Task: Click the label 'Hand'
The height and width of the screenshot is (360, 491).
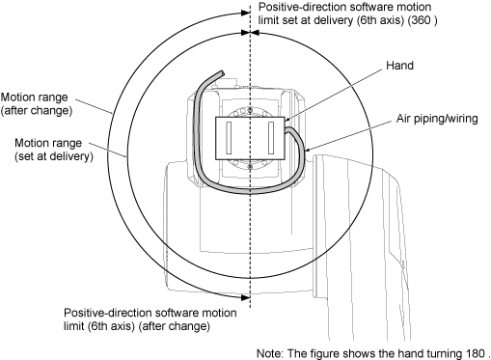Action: [x=399, y=66]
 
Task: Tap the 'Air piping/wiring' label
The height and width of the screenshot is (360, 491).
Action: [x=437, y=119]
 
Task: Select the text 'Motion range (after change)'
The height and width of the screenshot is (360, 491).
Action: [x=37, y=103]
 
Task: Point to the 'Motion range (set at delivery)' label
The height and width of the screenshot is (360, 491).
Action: [x=54, y=150]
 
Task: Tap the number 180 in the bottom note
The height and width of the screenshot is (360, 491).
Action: [x=475, y=353]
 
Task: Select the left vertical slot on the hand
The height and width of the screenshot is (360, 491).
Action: [x=229, y=138]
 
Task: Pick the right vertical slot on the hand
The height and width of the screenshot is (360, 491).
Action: [x=271, y=138]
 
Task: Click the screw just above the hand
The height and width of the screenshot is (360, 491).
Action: [x=250, y=111]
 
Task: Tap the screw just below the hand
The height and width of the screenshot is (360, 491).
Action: [x=250, y=166]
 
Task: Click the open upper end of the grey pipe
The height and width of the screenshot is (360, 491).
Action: [x=221, y=73]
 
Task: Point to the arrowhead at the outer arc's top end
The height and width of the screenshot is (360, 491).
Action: [x=246, y=13]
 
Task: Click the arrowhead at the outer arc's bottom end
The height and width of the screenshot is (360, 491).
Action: [x=246, y=297]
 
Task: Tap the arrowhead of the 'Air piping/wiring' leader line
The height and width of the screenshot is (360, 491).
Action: [x=306, y=150]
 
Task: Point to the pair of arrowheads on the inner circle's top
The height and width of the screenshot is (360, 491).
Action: [x=250, y=33]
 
